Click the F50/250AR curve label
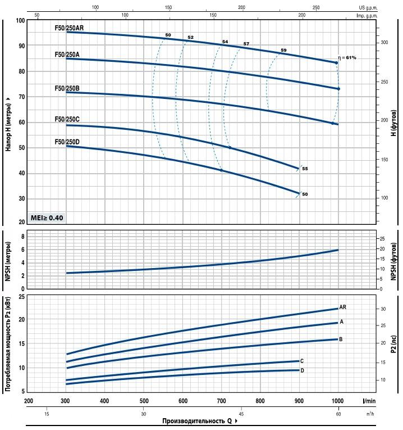[70, 27]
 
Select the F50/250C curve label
[67, 119]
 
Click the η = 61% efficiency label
[347, 58]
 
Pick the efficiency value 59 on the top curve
[283, 51]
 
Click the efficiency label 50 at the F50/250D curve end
[305, 194]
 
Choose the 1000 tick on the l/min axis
[337, 401]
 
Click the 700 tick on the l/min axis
[221, 401]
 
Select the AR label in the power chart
[342, 307]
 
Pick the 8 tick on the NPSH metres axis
[23, 237]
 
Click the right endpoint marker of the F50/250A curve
[338, 89]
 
